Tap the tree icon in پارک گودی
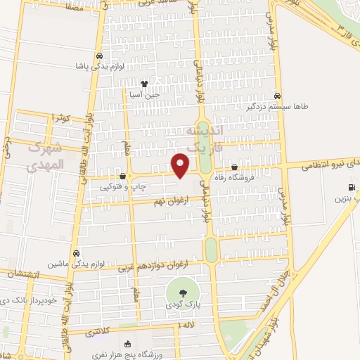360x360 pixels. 183,292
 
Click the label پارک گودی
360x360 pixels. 183,304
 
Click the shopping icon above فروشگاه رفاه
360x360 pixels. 234,167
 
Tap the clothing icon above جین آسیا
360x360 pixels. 144,84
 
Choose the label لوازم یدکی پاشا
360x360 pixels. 100,66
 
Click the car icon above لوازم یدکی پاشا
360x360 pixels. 100,56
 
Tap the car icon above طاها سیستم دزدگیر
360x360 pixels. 278,96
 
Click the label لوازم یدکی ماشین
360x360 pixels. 77,264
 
